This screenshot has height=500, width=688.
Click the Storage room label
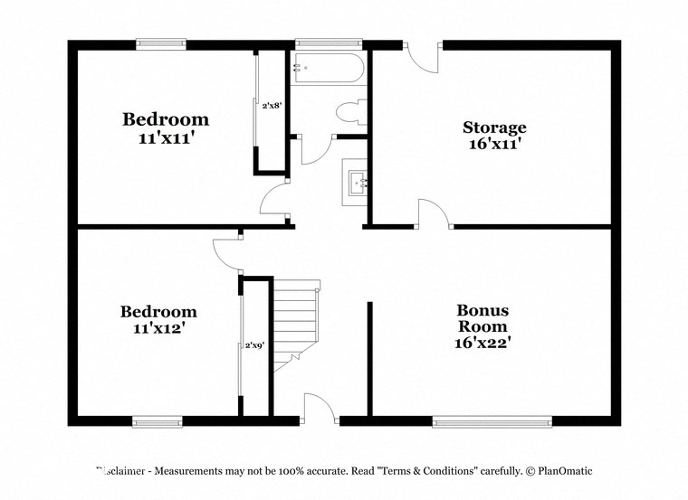pos(494,127)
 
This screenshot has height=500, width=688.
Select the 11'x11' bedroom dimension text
pos(166,139)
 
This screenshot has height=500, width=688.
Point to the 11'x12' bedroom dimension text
pos(158,329)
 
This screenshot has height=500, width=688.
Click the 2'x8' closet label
pos(272,106)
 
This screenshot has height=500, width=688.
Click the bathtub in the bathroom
pos(328,68)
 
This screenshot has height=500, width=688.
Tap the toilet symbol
pos(349,113)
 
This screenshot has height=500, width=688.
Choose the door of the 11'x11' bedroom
pos(274,201)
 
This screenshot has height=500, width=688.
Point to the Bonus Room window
pos(492,420)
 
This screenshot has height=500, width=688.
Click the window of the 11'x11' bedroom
pos(161,42)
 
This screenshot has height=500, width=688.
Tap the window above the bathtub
pos(328,42)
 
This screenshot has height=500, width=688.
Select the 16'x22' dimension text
pos(481,344)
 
